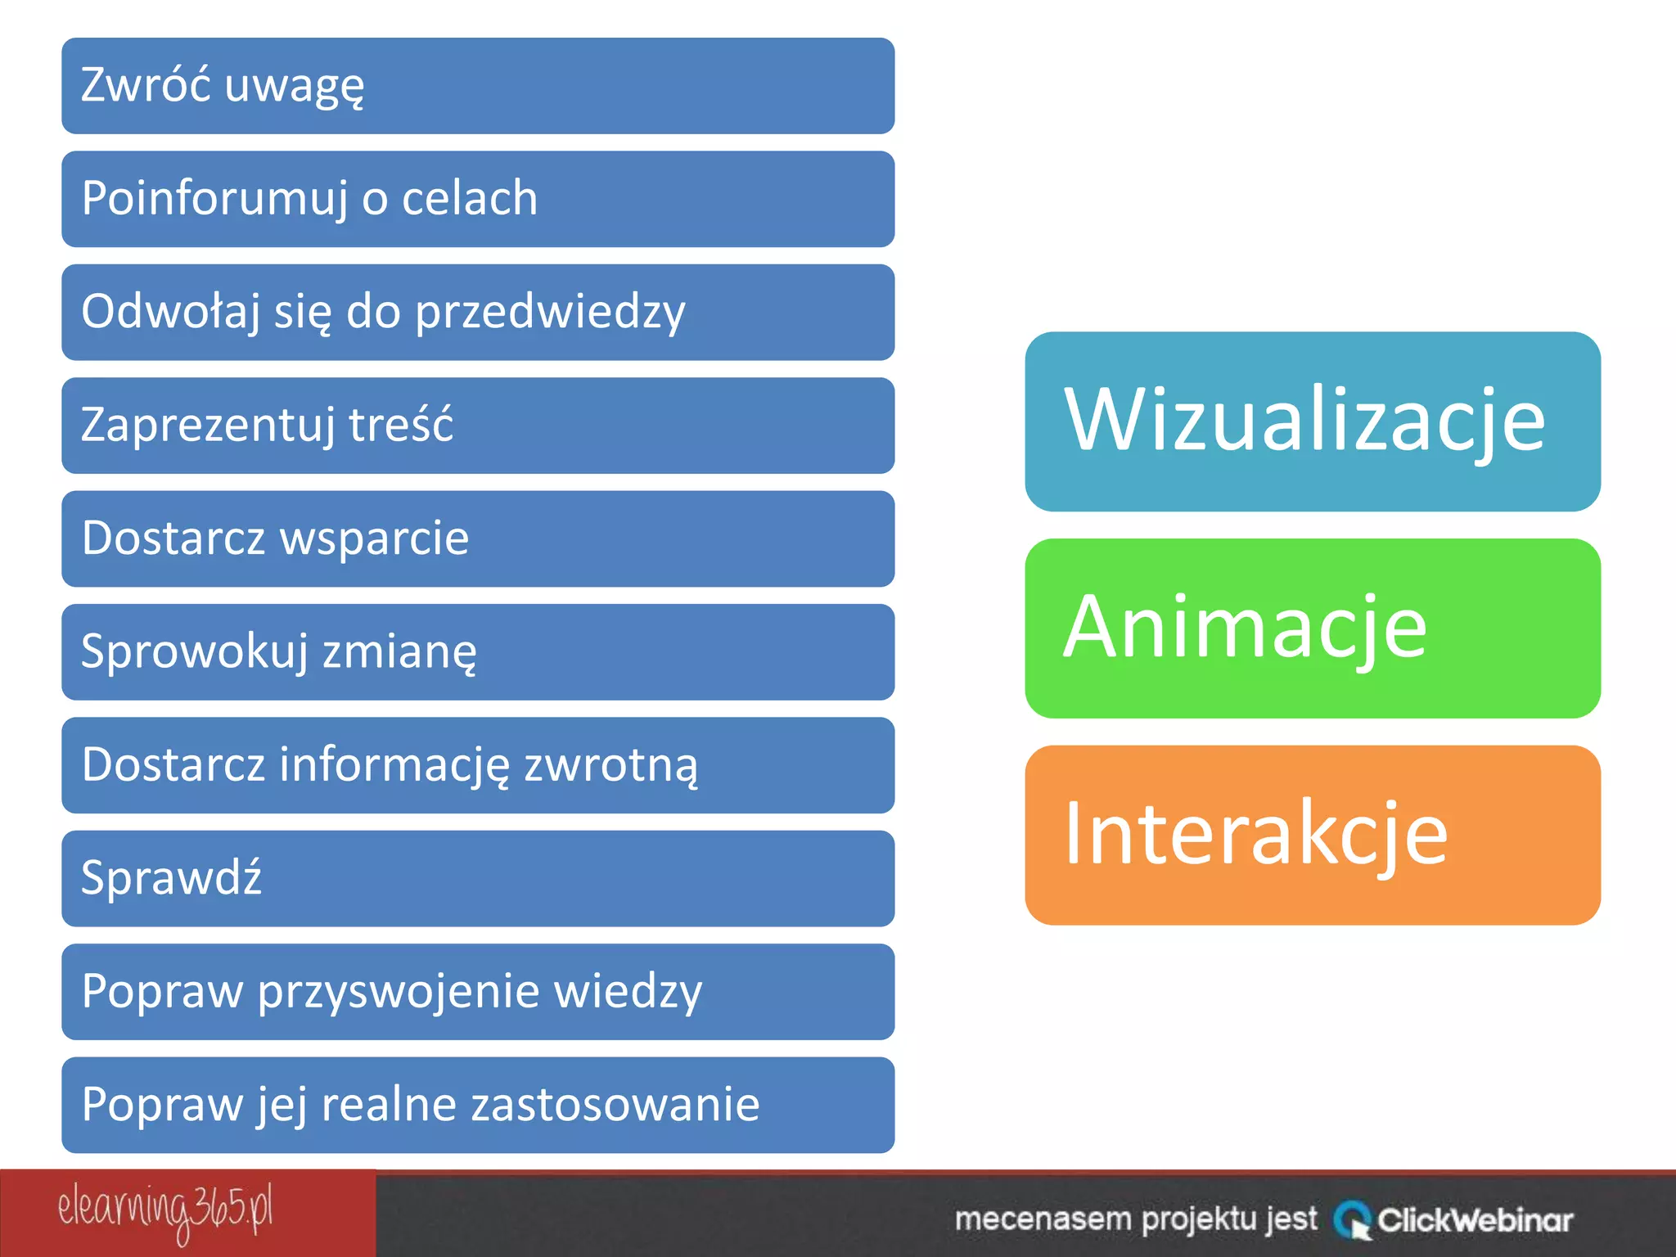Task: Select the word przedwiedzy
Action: point(550,313)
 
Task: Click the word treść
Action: point(401,426)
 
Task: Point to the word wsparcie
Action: point(374,538)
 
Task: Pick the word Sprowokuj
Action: point(195,652)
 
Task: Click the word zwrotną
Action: point(610,765)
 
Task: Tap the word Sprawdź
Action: point(171,878)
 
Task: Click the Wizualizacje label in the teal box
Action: point(1304,420)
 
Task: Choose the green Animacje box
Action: point(1312,628)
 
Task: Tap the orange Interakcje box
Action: point(1312,835)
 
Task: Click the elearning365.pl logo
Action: point(164,1212)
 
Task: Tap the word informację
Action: point(394,765)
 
